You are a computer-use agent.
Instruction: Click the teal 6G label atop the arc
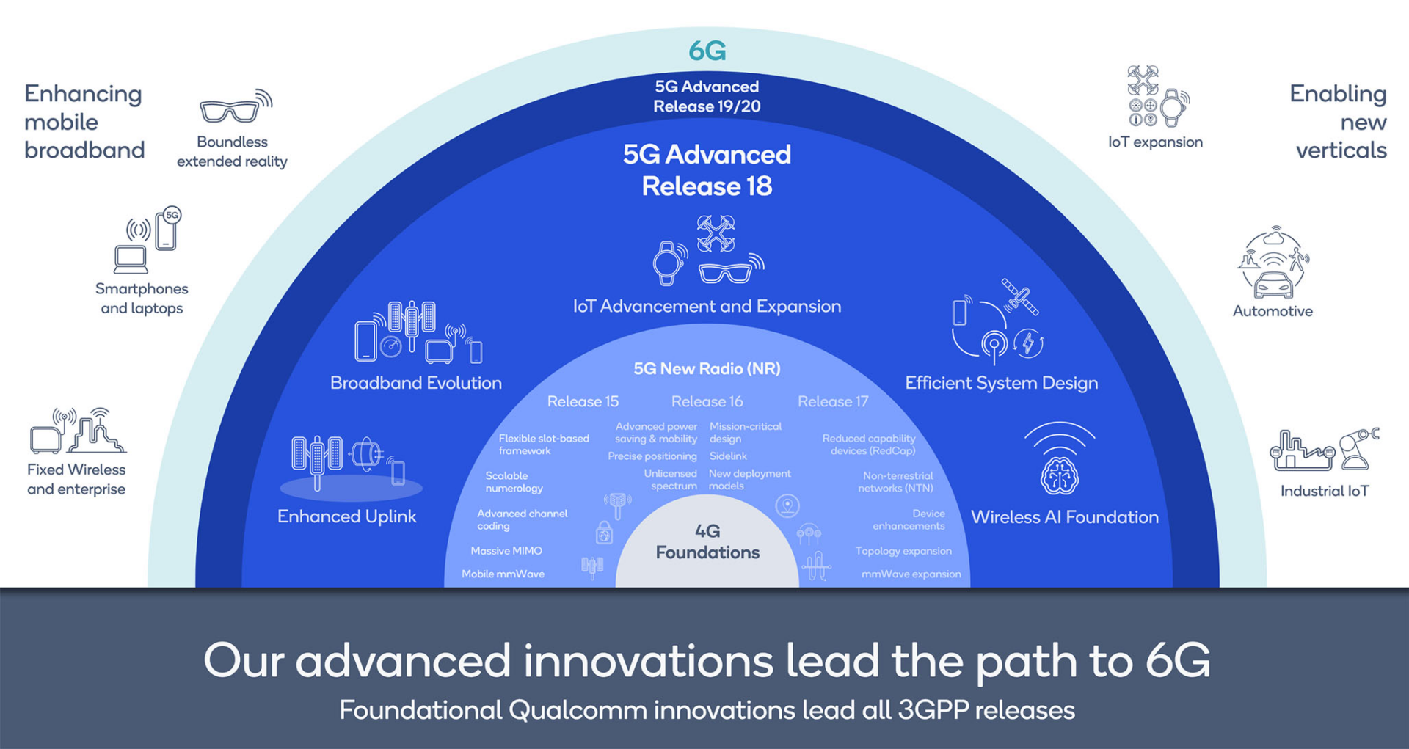(707, 51)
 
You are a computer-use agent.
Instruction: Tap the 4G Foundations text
(707, 541)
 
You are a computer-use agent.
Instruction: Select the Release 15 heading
(583, 401)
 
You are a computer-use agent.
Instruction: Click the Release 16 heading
(707, 401)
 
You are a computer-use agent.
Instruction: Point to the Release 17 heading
(833, 401)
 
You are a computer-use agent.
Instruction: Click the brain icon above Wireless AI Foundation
(1059, 475)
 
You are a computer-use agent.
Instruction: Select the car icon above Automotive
(1273, 285)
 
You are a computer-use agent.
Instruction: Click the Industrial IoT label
(1325, 491)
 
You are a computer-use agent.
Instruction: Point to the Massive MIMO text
(506, 551)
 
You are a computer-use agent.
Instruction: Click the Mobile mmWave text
(503, 574)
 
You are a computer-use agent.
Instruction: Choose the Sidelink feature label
(728, 456)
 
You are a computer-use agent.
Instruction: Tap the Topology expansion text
(903, 551)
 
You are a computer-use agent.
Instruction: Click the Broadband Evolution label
(416, 383)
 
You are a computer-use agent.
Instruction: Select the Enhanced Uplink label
(346, 516)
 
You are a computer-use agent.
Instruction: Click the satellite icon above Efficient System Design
(1020, 296)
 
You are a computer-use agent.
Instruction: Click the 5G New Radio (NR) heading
(707, 368)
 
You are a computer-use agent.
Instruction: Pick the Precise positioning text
(652, 456)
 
